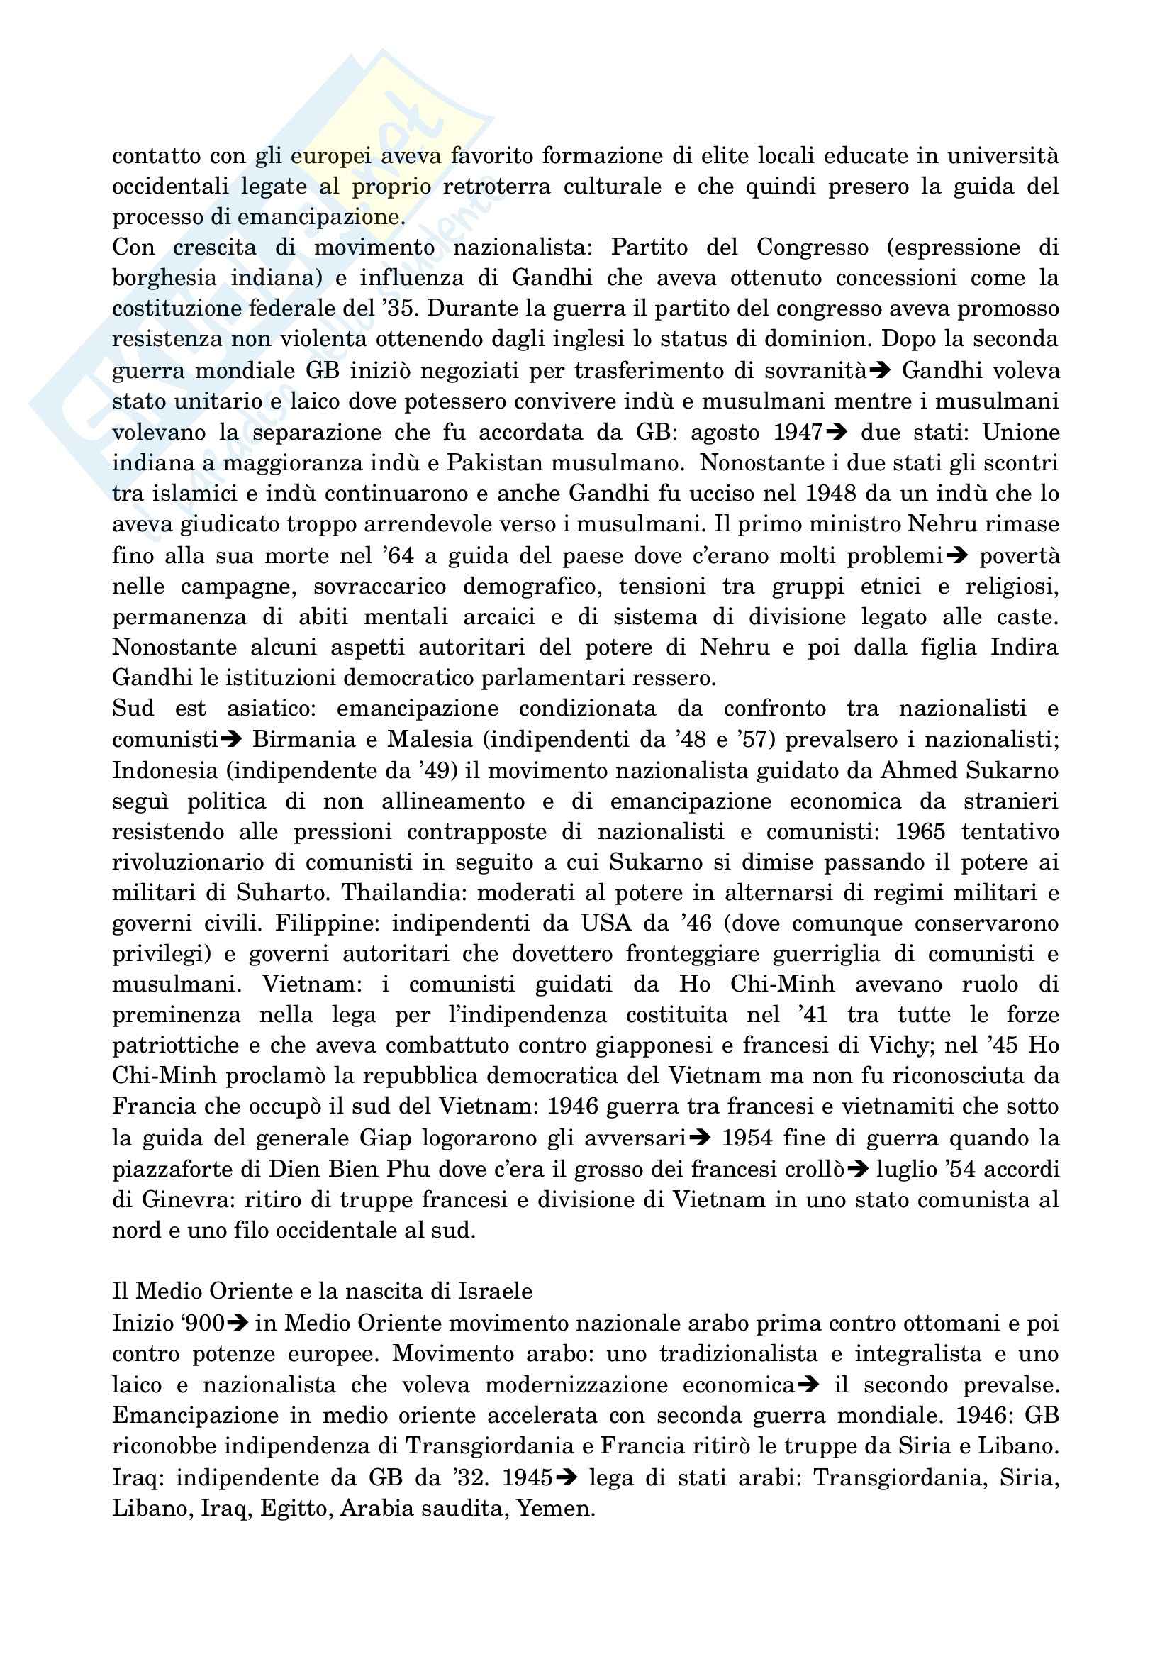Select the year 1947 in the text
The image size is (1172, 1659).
pyautogui.click(x=797, y=432)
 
